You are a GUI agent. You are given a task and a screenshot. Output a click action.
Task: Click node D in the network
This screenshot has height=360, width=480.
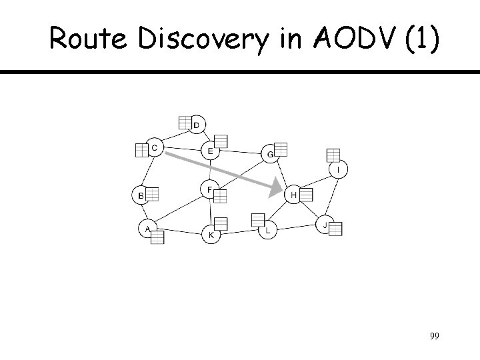coord(197,125)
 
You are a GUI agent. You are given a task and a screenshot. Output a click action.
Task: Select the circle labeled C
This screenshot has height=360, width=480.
coord(155,147)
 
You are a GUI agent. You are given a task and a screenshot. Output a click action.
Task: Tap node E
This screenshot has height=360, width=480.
coord(211,151)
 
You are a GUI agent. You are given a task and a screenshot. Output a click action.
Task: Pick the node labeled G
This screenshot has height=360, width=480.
coord(269,154)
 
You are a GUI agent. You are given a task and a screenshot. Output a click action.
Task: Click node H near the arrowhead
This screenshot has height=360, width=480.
coord(294,195)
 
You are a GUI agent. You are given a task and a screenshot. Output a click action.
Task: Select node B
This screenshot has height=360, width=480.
coord(140,195)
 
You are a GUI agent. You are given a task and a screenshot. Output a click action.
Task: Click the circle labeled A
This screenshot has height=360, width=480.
coord(147,229)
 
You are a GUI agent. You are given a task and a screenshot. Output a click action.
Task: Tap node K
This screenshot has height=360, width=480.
coord(211,234)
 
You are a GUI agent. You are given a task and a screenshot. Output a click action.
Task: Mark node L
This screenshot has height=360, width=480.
coord(268,231)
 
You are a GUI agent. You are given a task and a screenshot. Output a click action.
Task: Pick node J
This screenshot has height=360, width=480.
coord(324,225)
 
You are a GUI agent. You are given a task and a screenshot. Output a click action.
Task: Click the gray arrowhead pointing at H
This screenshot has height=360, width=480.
coord(276,188)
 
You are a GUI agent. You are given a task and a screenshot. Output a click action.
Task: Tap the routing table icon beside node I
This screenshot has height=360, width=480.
coord(333,155)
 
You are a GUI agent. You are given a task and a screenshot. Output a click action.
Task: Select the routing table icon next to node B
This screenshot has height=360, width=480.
coord(152,195)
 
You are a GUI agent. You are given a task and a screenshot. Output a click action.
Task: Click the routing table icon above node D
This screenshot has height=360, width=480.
coord(186,122)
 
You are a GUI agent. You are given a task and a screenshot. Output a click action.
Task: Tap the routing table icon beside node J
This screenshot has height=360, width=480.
coord(335,229)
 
